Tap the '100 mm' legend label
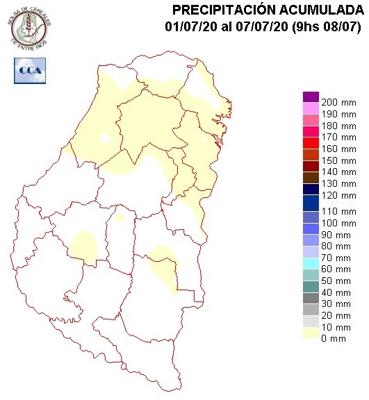pyautogui.click(x=338, y=224)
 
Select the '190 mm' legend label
pyautogui.click(x=338, y=114)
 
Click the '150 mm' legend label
pyautogui.click(x=338, y=160)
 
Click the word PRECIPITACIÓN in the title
pyautogui.click(x=222, y=10)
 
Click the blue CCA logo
pyautogui.click(x=28, y=70)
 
